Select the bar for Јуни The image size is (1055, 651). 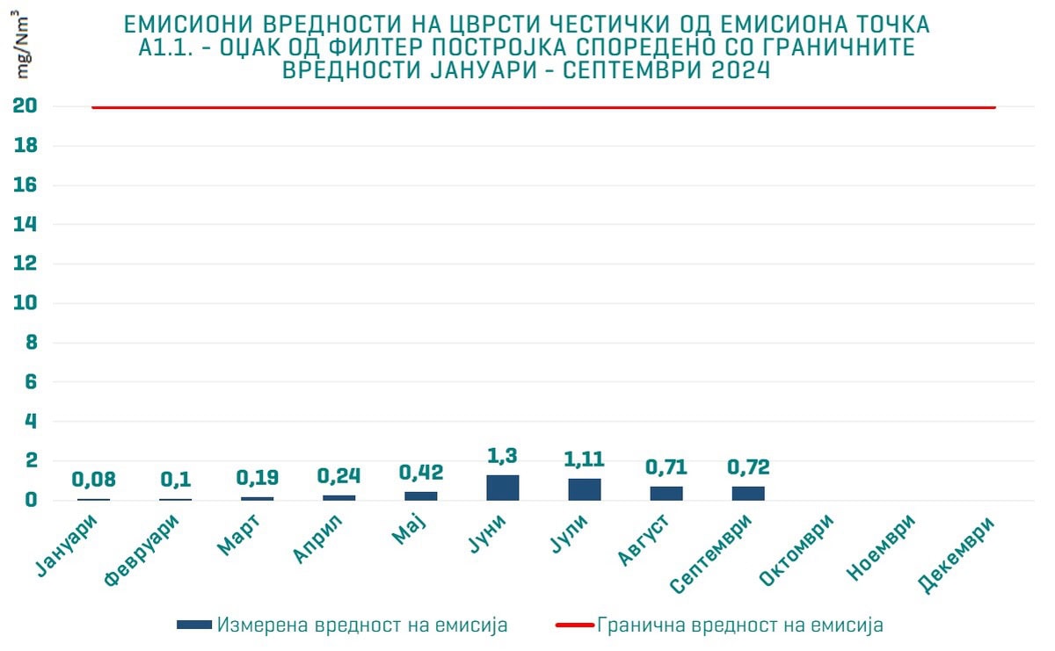503,488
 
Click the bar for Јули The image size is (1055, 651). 585,489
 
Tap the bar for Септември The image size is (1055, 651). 748,493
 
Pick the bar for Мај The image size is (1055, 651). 421,495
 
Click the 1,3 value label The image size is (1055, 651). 503,456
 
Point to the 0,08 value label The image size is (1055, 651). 93,480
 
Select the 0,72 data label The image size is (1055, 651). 748,467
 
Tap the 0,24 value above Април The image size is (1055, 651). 339,475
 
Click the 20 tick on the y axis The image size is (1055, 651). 25,106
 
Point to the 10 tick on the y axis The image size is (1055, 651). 25,303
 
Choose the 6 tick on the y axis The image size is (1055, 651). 30,382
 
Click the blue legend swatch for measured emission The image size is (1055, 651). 194,625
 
